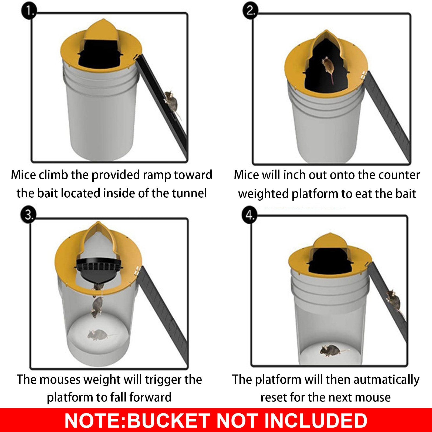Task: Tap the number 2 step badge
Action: (x=250, y=11)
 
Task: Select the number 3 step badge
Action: (x=28, y=215)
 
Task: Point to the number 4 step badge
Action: (x=249, y=215)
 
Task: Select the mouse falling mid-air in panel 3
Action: (x=97, y=306)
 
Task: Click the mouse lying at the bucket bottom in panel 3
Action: (x=97, y=335)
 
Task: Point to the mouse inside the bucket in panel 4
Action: (x=331, y=350)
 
